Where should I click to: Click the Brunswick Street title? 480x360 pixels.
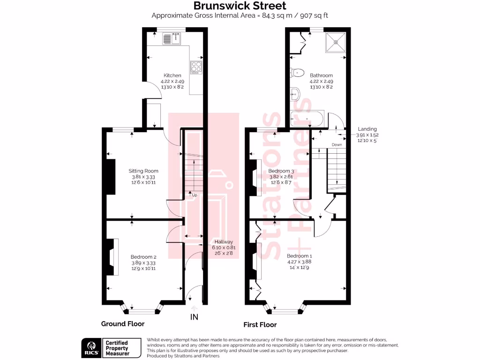click(x=240, y=6)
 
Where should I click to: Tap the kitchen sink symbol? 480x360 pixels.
click(x=172, y=39)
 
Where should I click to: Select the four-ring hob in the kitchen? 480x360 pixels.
click(x=196, y=67)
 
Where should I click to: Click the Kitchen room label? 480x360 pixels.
click(x=172, y=75)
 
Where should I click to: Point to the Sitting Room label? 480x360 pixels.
click(x=143, y=171)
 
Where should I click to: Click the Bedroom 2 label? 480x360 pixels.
click(x=143, y=257)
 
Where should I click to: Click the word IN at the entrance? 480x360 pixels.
click(x=194, y=317)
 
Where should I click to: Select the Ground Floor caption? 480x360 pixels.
click(x=123, y=324)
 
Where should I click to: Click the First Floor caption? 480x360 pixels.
click(x=260, y=324)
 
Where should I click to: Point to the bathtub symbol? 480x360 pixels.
click(x=307, y=120)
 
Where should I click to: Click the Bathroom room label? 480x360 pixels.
click(x=321, y=75)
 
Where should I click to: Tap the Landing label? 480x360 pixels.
click(x=367, y=129)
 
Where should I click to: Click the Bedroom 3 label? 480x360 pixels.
click(x=281, y=171)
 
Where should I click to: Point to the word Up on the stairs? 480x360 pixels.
click(x=194, y=194)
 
